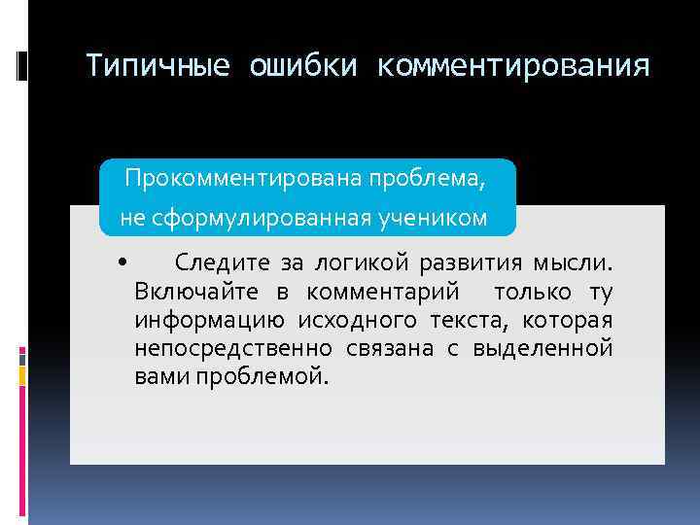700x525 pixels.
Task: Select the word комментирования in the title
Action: point(513,66)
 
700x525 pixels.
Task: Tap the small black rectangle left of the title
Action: point(21,66)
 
